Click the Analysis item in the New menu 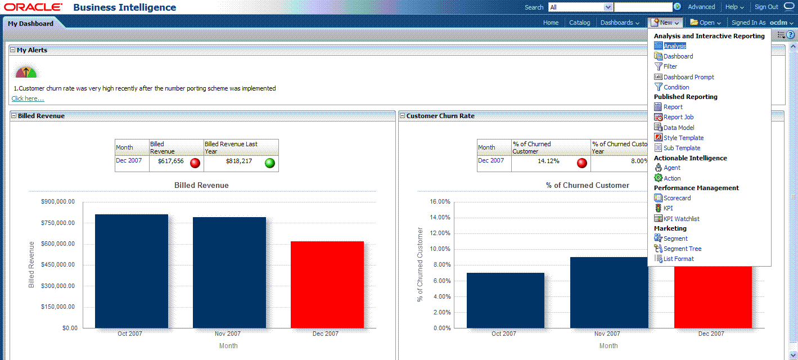tap(674, 46)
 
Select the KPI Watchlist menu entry tap(681, 219)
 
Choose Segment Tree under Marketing tap(682, 249)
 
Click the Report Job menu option tap(678, 117)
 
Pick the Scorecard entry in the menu tap(677, 198)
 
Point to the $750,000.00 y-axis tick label tap(58, 223)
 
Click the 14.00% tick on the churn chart tap(440, 218)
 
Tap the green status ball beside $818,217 tap(270, 163)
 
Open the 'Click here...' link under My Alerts tap(28, 98)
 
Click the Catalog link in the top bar tap(579, 22)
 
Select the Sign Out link tap(766, 7)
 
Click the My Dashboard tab tap(30, 23)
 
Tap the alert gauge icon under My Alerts tap(26, 72)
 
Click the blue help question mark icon tap(790, 35)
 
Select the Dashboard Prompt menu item tap(688, 77)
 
